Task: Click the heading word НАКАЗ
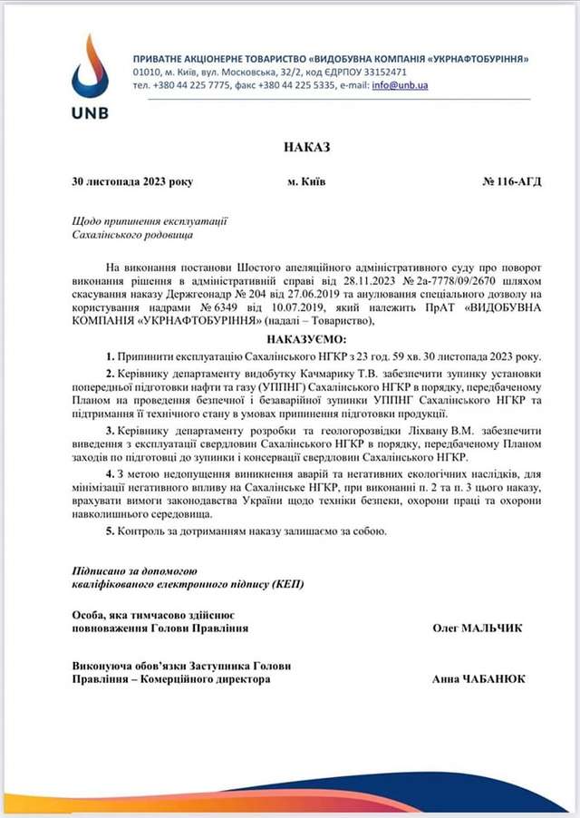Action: click(x=307, y=145)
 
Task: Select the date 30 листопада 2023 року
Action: click(x=132, y=181)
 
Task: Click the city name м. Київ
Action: click(x=306, y=181)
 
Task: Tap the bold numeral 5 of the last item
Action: click(x=109, y=531)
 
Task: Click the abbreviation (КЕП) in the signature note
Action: click(x=286, y=585)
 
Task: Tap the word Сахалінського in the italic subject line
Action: click(x=111, y=234)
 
